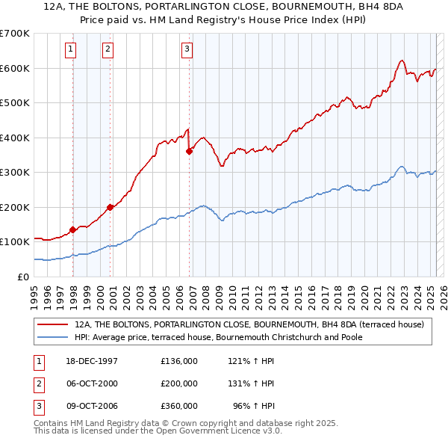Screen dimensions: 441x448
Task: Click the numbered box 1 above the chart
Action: [x=70, y=49]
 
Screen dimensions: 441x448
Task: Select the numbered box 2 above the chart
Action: [x=108, y=49]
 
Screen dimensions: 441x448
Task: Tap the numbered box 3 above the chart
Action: [x=186, y=49]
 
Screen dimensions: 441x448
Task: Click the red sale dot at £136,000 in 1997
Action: [x=73, y=229]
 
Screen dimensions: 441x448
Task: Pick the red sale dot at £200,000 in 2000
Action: [x=110, y=207]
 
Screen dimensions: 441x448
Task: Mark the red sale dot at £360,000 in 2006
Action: [x=189, y=152]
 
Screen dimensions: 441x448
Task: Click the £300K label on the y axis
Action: [x=15, y=172]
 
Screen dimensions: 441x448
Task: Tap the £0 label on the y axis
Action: [x=22, y=277]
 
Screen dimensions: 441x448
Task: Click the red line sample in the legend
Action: [x=53, y=324]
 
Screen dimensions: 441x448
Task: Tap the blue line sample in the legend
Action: [x=53, y=337]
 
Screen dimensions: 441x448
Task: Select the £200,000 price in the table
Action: [x=178, y=383]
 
